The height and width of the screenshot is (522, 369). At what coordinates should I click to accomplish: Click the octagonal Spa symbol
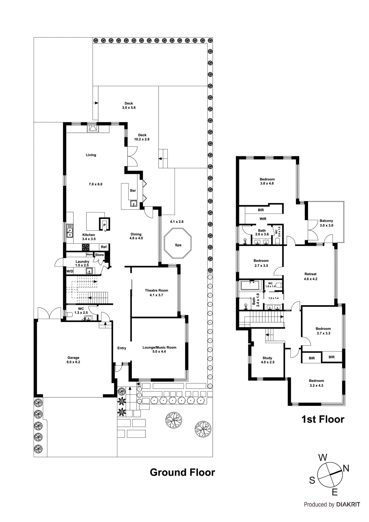coord(178,244)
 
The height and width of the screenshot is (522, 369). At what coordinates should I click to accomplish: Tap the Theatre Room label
coord(156,292)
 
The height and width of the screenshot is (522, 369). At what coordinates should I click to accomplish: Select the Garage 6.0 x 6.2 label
coord(73,360)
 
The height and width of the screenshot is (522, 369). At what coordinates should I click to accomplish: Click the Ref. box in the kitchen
coord(104,247)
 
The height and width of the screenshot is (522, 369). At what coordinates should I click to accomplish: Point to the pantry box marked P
coord(104,225)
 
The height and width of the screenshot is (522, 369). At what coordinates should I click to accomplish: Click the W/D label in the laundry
coord(70,271)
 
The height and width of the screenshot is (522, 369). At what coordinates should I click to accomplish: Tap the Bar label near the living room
coord(133,191)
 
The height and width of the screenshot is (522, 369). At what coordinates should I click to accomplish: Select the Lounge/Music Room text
coord(159,347)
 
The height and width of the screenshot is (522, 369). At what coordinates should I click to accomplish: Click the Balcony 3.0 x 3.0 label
coord(326,223)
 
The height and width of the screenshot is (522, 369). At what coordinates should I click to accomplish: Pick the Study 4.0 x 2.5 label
coord(267,360)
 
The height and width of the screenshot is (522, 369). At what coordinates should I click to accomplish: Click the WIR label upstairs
coord(263,219)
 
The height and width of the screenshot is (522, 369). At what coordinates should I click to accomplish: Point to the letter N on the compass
coord(346,468)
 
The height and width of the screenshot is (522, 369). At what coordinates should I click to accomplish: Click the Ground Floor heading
coord(182,472)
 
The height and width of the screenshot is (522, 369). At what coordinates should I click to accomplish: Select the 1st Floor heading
coord(322,419)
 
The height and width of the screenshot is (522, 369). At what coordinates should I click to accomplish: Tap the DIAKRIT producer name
coord(348,504)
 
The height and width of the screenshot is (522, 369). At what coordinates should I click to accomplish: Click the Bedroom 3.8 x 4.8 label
coord(267,181)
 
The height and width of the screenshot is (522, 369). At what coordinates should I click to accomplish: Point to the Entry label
coord(122,348)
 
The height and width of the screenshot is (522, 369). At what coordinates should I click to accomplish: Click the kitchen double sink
coord(69,230)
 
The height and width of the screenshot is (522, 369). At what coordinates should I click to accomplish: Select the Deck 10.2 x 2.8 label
coord(142,137)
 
